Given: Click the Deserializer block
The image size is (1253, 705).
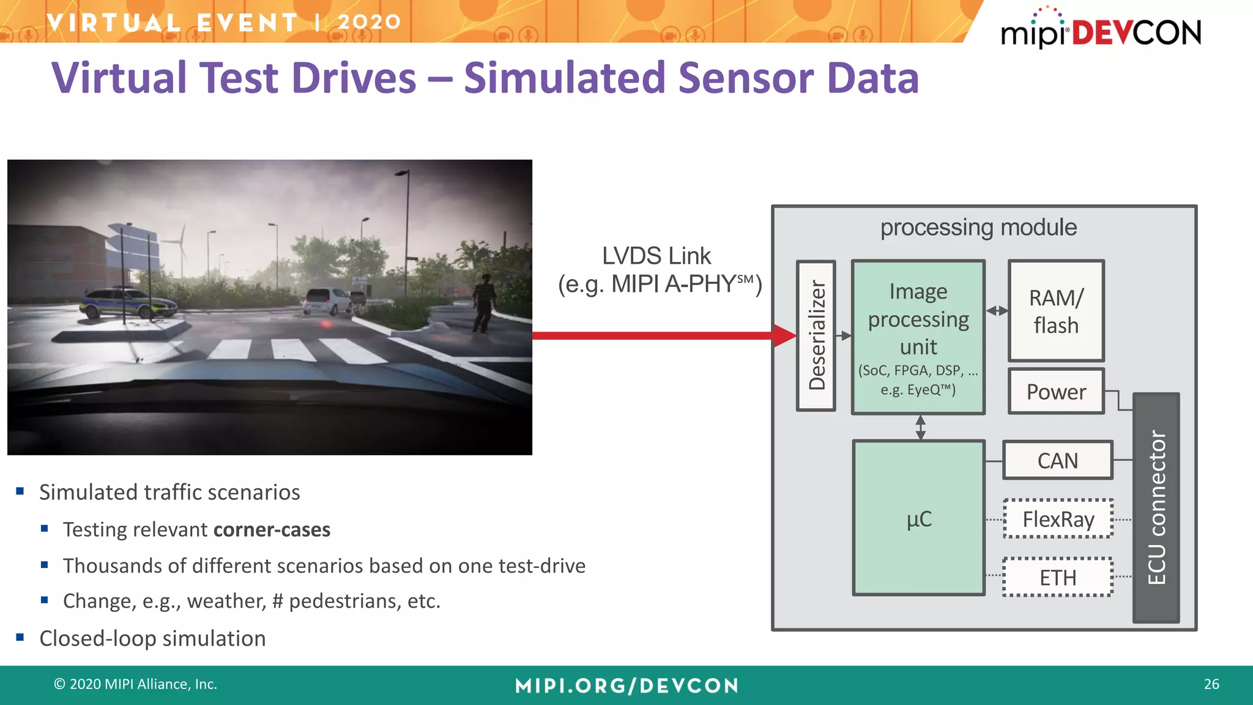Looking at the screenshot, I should pos(816,335).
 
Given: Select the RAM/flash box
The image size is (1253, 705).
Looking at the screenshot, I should pos(1056,311).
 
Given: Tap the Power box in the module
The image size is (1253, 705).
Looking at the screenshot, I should pos(1056,392).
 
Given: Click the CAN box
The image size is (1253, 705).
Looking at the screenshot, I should pos(1057,460).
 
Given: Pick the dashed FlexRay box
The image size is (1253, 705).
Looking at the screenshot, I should pos(1058,519).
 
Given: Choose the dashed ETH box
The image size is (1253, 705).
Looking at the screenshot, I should pos(1058,577).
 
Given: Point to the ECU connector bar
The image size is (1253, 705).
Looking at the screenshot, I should pos(1156,508).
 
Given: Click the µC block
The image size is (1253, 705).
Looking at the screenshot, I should pos(918,518).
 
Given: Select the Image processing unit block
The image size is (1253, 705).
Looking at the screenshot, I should pos(918,337).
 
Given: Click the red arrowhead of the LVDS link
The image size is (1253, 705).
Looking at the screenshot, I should pos(785,335).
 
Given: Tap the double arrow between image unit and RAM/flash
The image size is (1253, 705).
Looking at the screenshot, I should pos(997,311).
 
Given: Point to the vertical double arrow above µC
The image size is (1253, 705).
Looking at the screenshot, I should pos(920,427).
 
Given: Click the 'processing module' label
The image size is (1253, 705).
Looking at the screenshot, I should pos(978,228).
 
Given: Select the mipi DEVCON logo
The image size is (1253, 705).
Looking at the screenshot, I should pos(1101,29).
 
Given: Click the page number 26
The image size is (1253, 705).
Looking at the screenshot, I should pos(1211,684).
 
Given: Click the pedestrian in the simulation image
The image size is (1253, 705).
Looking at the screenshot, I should pos(484,302).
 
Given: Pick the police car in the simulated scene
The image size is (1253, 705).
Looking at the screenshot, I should pos(127,303).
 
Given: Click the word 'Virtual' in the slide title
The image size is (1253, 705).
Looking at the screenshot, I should pos(119,78).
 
